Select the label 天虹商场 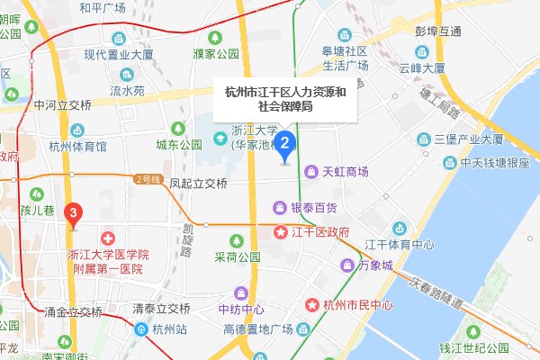tap(346, 170)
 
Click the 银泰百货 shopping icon tap(280, 208)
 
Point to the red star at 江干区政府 tap(280, 232)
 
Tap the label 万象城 tap(374, 266)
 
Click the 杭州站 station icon tap(142, 328)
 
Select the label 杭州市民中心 tap(357, 305)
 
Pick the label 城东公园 tap(178, 144)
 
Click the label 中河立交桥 tap(63, 104)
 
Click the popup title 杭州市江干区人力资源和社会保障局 tap(284, 99)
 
